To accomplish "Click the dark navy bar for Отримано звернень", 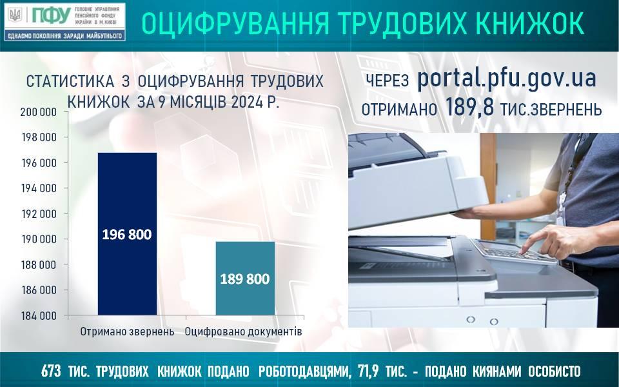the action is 127,233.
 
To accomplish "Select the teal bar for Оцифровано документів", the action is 245,279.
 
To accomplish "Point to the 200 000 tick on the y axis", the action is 39,112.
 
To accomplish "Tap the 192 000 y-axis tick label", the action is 39,213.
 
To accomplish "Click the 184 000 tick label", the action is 39,316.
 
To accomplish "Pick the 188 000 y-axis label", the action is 39,264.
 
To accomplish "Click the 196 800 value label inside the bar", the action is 127,235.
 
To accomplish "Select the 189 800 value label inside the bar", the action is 245,279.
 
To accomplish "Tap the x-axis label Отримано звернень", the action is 127,332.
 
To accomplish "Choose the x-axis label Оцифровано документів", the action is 244,332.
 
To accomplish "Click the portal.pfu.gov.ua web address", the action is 507,79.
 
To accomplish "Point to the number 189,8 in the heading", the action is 469,108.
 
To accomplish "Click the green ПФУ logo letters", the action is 52,16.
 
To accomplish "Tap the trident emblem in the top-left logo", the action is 15,15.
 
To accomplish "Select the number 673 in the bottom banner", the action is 51,372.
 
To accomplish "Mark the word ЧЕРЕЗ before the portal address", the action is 388,81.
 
